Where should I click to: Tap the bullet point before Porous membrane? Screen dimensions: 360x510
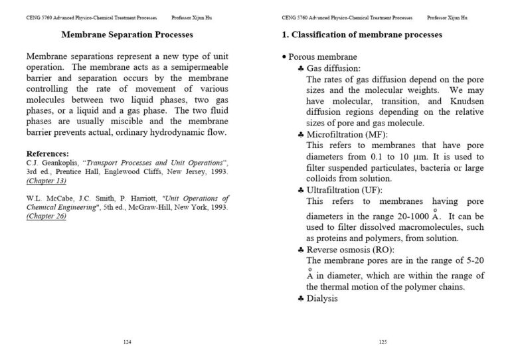click(284, 58)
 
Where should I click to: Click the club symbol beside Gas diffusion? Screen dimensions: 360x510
click(301, 69)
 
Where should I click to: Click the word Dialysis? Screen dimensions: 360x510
click(323, 298)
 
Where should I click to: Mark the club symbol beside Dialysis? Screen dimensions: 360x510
click(301, 299)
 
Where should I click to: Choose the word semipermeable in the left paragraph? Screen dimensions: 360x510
click(194, 68)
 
